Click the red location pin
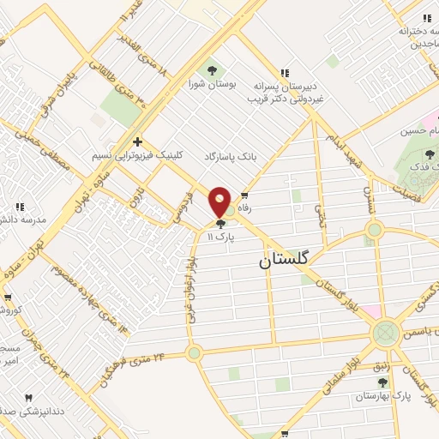pyautogui.click(x=220, y=201)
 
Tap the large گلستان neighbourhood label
pyautogui.click(x=289, y=262)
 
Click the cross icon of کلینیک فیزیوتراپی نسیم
pyautogui.click(x=137, y=142)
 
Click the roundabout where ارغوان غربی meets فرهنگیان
pyautogui.click(x=194, y=352)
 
